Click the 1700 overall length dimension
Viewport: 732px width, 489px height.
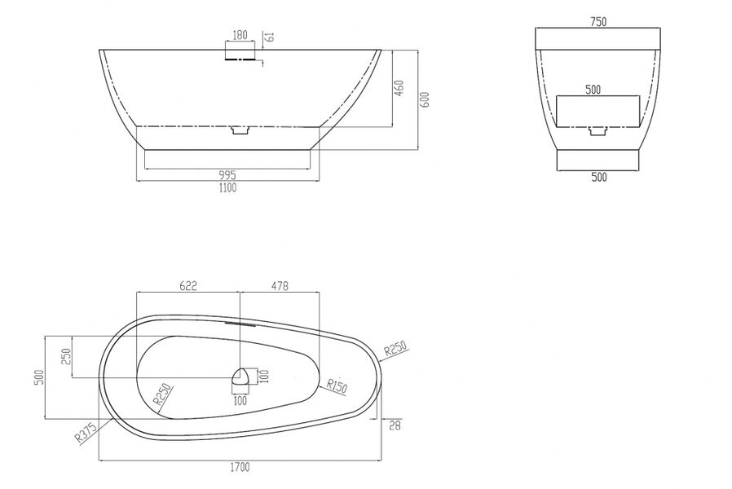click(240, 467)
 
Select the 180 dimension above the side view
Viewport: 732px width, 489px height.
click(240, 35)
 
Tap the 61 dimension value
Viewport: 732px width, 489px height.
click(270, 37)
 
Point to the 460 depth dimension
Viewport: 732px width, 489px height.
click(399, 88)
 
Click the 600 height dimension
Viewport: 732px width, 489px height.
click(425, 99)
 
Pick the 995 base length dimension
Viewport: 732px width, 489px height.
click(227, 175)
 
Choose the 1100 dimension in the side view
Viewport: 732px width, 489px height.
click(227, 187)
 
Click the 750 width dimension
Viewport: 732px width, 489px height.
click(598, 21)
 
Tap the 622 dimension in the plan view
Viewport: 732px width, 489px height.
click(188, 285)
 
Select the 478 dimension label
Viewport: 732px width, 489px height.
click(280, 285)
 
